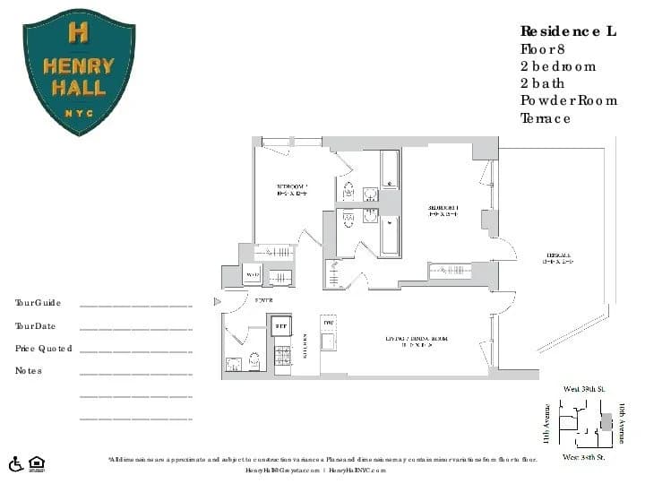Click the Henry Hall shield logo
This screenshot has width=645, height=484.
pyautogui.click(x=79, y=72)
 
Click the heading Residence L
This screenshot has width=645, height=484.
pyautogui.click(x=568, y=31)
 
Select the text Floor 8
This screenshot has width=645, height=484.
pyautogui.click(x=545, y=48)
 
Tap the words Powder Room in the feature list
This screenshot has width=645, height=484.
pyautogui.click(x=569, y=99)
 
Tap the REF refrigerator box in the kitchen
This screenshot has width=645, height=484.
pyautogui.click(x=280, y=326)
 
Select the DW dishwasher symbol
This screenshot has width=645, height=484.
pyautogui.click(x=329, y=323)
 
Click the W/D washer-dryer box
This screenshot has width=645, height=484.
pyautogui.click(x=253, y=275)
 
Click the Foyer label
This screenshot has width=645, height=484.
pyautogui.click(x=263, y=300)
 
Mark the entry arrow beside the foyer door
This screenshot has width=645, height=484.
pyautogui.click(x=217, y=302)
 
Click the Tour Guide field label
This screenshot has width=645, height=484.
pyautogui.click(x=38, y=304)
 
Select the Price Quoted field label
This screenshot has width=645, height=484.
pyautogui.click(x=43, y=348)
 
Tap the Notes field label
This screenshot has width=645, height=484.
pyautogui.click(x=29, y=370)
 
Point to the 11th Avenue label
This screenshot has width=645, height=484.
pyautogui.click(x=546, y=422)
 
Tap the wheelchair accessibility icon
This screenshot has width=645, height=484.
pyautogui.click(x=15, y=463)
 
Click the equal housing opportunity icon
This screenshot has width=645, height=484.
pyautogui.click(x=37, y=463)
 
